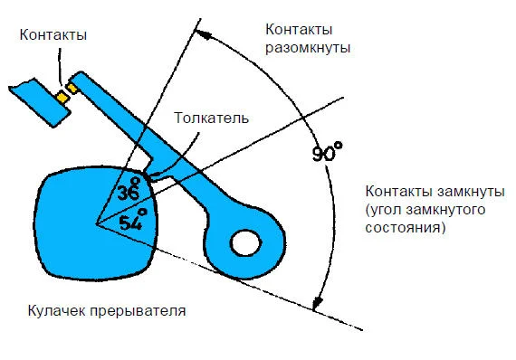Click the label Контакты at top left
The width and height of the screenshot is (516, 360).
57,36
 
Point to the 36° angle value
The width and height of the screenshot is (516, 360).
130,192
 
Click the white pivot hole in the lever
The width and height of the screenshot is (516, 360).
245,242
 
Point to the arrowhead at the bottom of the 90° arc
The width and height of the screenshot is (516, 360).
316,305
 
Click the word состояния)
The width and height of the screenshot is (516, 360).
404,229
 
